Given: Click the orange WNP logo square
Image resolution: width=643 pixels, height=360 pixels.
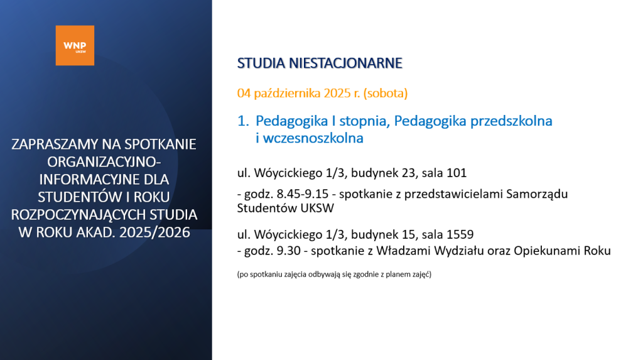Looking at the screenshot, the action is point(75,46).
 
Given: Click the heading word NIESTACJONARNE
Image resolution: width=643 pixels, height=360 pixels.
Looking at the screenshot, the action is point(345,63).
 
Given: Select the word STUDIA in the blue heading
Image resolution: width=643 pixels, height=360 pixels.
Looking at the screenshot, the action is point(261,63).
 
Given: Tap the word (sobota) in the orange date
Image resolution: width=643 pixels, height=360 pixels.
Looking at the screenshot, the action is point(386,94).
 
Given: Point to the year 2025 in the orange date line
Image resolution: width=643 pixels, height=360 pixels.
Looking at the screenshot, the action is point(337,94).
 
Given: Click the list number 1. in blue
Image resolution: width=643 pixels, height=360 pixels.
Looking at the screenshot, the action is point(243,121).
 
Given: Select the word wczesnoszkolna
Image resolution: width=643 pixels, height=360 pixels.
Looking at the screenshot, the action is point(313,138).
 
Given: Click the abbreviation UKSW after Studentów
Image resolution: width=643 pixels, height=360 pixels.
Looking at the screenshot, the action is point(317,208).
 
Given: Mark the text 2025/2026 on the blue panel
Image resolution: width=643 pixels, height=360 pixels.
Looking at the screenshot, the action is point(154,232).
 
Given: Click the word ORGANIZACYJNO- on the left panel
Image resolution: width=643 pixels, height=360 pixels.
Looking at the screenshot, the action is point(104,162).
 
